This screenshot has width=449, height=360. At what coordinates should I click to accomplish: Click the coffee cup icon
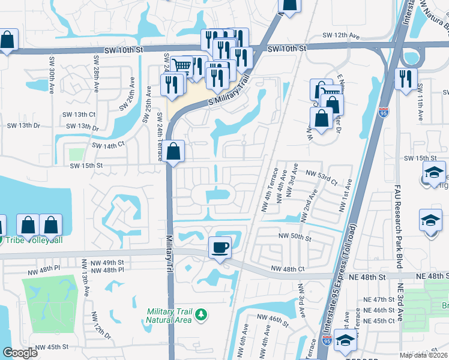click(220, 247)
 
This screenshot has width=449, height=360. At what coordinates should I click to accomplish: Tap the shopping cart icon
click(181, 66)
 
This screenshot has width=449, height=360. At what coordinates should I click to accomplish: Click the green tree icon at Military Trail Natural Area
click(202, 314)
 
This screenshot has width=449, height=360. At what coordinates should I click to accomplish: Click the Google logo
click(20, 353)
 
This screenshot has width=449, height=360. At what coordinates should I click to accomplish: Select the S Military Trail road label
click(228, 94)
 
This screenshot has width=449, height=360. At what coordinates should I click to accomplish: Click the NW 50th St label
click(295, 238)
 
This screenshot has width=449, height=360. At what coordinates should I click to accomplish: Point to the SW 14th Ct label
click(108, 145)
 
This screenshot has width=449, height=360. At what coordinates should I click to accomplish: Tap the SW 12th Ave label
click(340, 37)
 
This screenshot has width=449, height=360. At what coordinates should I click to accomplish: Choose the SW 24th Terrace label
click(160, 137)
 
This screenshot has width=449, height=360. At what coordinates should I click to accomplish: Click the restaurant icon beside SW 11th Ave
click(406, 77)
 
